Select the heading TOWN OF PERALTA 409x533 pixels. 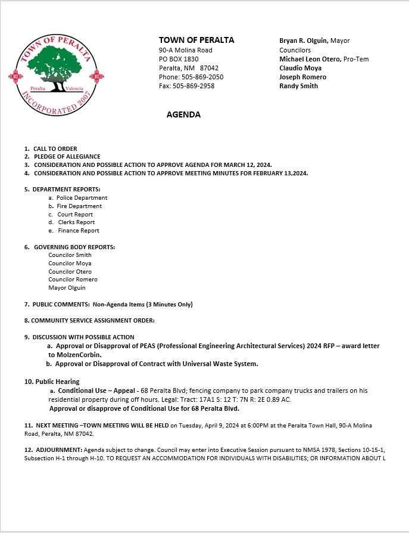[196, 40]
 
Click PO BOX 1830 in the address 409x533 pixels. [179, 59]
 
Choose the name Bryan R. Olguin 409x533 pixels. [304, 41]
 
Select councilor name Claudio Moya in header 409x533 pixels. [301, 68]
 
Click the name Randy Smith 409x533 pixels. [299, 86]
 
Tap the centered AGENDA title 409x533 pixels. [183, 115]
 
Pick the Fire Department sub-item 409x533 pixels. [79, 206]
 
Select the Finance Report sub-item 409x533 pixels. [79, 231]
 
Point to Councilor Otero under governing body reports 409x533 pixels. [70, 271]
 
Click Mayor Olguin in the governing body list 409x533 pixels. [67, 288]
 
